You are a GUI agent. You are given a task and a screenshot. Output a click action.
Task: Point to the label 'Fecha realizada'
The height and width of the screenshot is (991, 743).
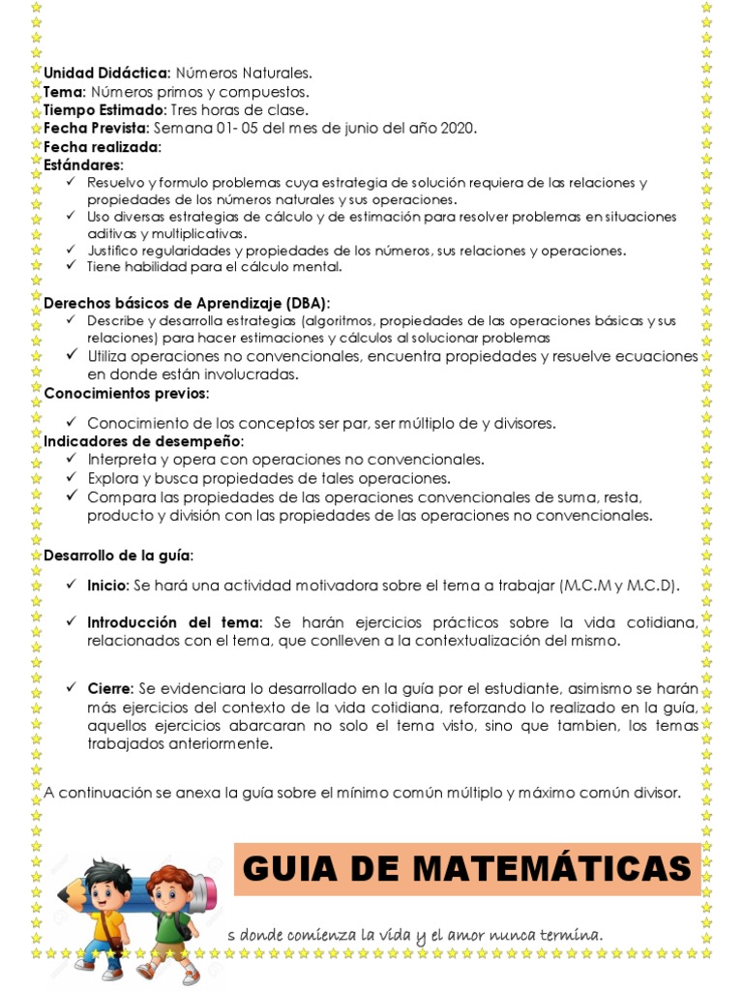(102, 147)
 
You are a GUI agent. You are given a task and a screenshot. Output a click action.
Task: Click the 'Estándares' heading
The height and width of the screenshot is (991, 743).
(83, 165)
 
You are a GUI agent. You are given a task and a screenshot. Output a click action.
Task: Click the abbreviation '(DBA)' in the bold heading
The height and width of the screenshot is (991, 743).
(307, 302)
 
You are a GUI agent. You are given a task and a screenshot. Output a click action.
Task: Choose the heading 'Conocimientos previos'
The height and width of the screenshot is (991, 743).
(126, 393)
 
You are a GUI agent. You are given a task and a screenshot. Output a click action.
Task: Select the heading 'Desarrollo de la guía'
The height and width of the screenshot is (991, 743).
(118, 556)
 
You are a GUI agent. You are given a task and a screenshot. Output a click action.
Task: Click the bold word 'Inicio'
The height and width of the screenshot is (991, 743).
(106, 586)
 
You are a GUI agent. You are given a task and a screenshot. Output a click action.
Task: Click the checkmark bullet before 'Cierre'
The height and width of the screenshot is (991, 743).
(73, 687)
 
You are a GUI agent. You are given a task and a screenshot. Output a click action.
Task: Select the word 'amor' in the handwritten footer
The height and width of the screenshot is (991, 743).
(468, 936)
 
